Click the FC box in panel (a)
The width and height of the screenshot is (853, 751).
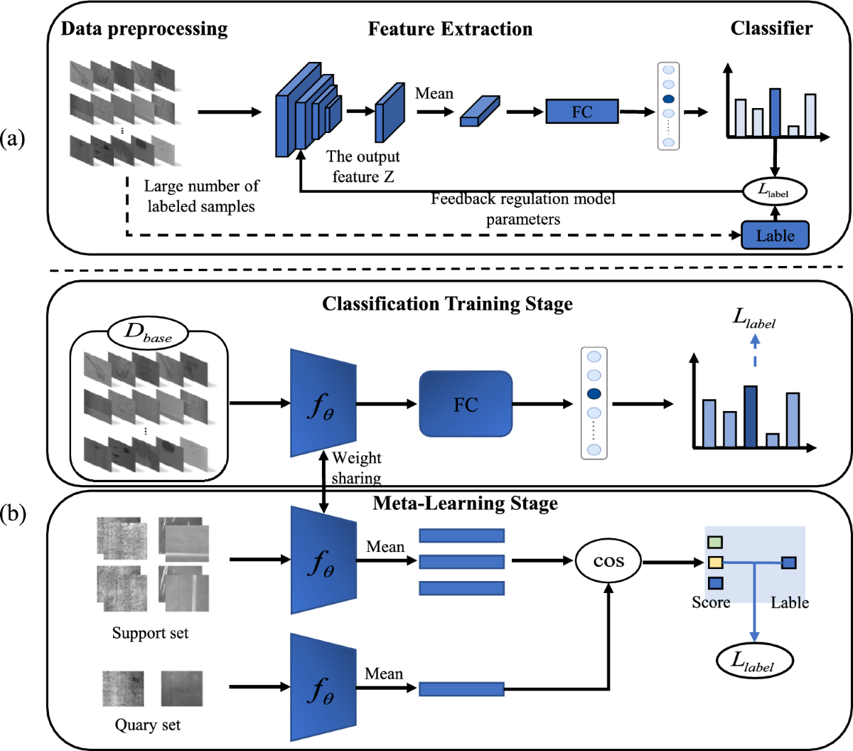(x=581, y=112)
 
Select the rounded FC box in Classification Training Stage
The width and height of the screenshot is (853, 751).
(x=466, y=404)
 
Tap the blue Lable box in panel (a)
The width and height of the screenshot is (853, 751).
(x=775, y=235)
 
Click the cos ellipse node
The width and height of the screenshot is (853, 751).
(x=608, y=561)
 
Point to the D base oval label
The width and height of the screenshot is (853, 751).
(x=148, y=332)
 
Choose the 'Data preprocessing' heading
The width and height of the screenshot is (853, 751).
(x=144, y=29)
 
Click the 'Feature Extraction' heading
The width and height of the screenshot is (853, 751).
(x=450, y=29)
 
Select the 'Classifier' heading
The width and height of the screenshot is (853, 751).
(x=771, y=28)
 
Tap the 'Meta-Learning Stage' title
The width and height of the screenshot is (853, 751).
(x=465, y=504)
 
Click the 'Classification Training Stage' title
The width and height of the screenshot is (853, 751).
(x=447, y=304)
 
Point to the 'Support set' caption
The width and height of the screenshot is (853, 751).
(x=150, y=633)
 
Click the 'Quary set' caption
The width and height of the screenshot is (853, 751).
(x=148, y=725)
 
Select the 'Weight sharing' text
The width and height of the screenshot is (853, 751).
(x=357, y=468)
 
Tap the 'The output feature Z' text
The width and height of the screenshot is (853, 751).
(x=363, y=166)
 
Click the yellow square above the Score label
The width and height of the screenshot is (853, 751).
(x=715, y=563)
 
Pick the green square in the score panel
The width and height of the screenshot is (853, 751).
(x=715, y=543)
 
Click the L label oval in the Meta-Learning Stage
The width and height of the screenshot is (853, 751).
(x=753, y=661)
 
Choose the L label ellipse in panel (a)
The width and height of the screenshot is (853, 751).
(x=775, y=191)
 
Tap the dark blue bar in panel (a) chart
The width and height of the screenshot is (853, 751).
(x=775, y=112)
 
